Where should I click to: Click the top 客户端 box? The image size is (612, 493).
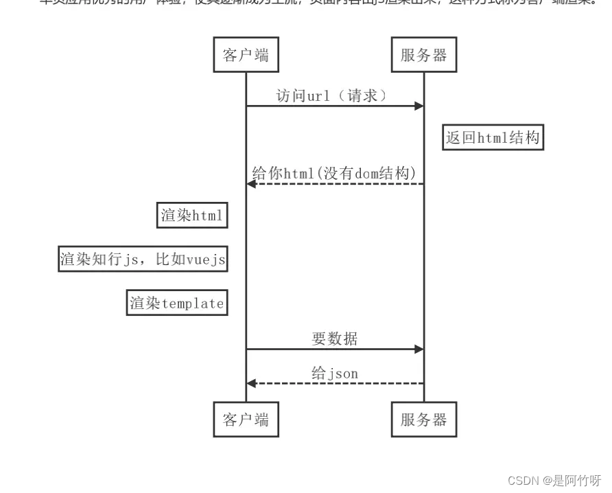246,55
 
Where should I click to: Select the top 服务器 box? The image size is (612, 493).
423,55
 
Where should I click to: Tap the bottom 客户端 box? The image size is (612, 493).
246,420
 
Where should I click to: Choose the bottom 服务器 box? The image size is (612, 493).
423,420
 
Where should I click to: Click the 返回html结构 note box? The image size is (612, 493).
493,137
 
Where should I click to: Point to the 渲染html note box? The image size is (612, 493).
192,216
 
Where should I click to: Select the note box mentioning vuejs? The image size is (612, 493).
143,260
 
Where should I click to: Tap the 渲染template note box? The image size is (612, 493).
177,303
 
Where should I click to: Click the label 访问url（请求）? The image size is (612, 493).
332,95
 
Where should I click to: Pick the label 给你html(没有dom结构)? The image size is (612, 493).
334,173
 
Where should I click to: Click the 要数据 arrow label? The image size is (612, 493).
335,339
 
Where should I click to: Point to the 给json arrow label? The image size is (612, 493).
335,373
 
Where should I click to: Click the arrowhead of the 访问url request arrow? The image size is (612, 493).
419,106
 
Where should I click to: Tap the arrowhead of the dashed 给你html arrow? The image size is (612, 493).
252,183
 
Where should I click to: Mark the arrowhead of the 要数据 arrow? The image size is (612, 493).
419,349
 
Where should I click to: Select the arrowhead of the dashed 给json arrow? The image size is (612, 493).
252,383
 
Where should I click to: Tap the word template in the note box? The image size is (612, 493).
193,303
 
